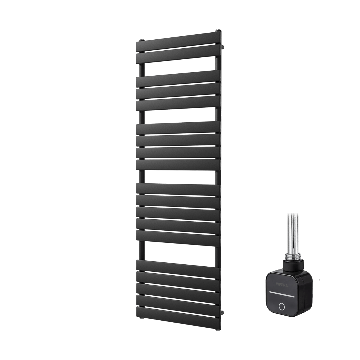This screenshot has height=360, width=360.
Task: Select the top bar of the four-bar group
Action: [178, 127]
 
